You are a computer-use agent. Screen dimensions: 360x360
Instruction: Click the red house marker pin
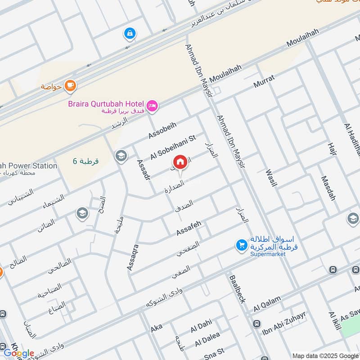[x=180, y=162]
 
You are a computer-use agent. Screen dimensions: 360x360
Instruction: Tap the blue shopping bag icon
[x=130, y=33]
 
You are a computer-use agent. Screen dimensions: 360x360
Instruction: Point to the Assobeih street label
[x=163, y=130]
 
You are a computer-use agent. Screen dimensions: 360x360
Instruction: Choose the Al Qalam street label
[x=267, y=303]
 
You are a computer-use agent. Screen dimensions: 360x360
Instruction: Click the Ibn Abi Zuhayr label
[x=284, y=324]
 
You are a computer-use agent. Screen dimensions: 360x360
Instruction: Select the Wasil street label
[x=271, y=178]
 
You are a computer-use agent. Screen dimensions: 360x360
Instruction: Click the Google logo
[x=19, y=353]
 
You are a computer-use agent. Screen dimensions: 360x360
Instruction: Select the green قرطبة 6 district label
[x=86, y=161]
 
